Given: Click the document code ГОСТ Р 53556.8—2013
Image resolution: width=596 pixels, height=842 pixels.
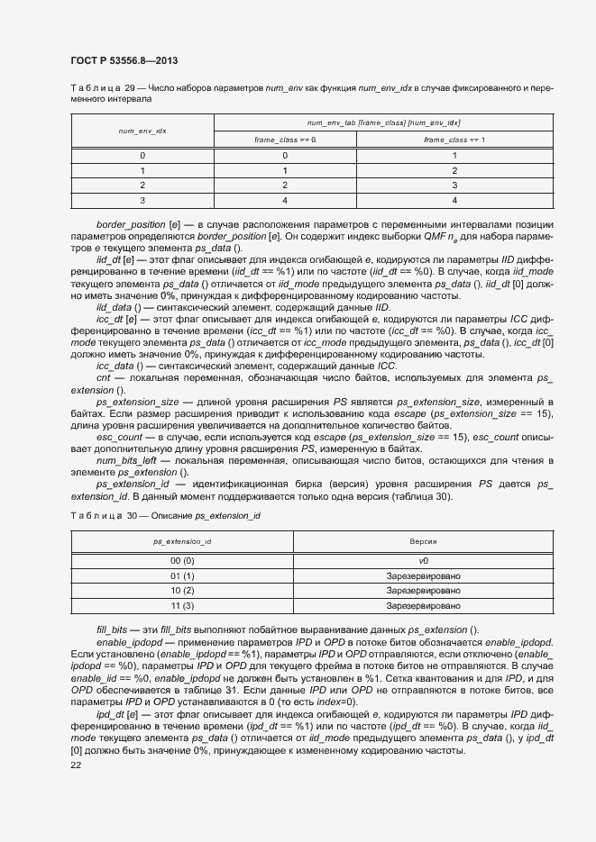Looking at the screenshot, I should click(123, 60).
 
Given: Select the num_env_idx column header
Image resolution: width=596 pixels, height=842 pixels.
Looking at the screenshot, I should click(142, 131).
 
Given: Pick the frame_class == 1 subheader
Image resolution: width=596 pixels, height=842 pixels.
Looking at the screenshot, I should click(454, 140).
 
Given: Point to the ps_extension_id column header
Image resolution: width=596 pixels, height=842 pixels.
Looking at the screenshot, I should click(182, 541).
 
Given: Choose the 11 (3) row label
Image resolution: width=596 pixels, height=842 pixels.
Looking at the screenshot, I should click(182, 606).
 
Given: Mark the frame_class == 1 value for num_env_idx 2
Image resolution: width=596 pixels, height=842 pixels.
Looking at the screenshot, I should click(454, 186).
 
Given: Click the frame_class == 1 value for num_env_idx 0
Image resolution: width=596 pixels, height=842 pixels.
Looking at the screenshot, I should click(454, 155).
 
